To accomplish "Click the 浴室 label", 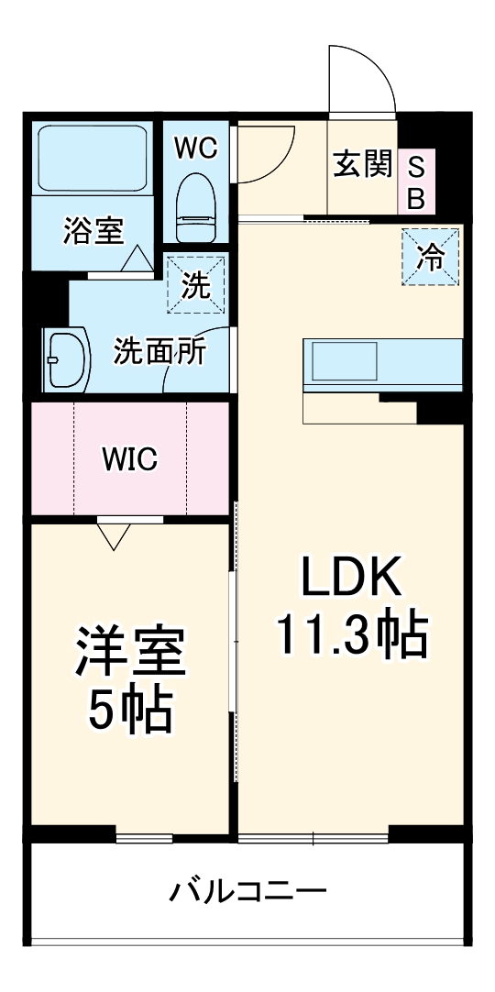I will pos(93,232).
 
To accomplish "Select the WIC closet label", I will pos(129,458).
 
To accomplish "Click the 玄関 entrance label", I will pos(362,166).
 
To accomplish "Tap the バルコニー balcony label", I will pos(247,890).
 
